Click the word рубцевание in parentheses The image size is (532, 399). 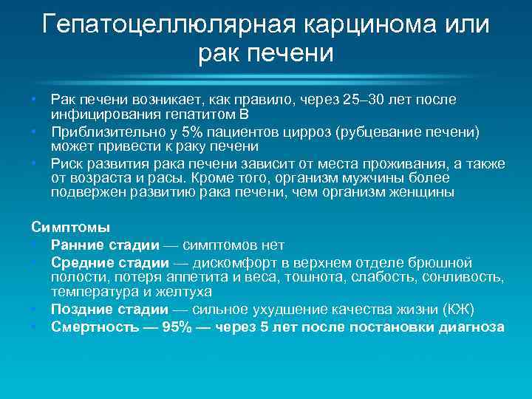376,132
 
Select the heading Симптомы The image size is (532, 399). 70,227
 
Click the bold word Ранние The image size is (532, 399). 79,245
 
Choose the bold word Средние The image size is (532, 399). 82,262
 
